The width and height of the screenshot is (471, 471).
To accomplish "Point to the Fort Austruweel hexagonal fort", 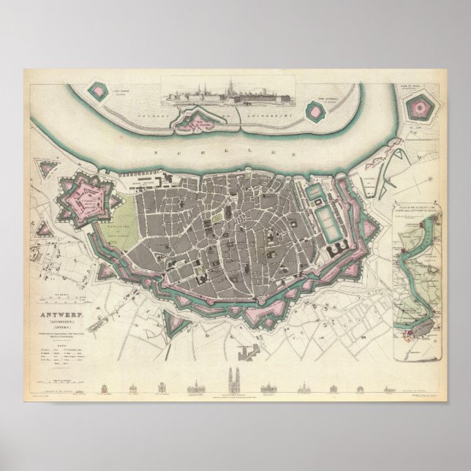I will pos(314,112).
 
